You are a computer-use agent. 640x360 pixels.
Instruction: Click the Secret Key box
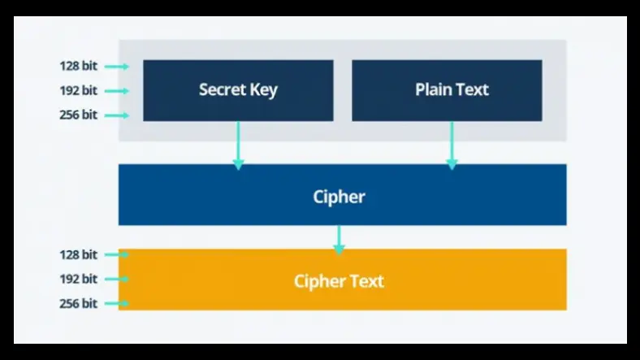coord(238,90)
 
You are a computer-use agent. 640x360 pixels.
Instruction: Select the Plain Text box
coord(447,90)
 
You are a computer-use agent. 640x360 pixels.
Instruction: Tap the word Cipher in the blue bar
coord(339,196)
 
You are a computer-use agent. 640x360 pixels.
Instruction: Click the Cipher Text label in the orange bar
coord(339,281)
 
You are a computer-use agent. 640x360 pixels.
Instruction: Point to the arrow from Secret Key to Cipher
coord(238,145)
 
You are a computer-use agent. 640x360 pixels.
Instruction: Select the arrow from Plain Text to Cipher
coord(452,145)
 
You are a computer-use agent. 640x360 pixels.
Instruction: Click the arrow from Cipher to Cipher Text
coord(339,237)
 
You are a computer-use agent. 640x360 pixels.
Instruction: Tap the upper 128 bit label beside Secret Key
coord(78,66)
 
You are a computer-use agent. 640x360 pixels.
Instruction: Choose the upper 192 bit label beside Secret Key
coord(78,90)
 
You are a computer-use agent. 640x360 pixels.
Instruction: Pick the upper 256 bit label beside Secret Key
coord(78,115)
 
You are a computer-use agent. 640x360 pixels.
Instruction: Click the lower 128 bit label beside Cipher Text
coord(78,254)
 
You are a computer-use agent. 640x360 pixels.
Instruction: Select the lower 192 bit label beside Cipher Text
coord(78,279)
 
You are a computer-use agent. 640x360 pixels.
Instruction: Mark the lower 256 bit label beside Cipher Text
coord(78,303)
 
